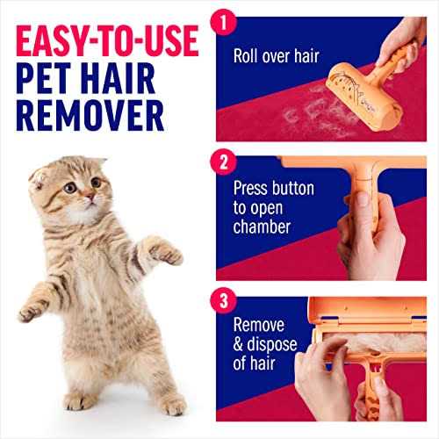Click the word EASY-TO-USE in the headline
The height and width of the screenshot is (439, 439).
[107, 40]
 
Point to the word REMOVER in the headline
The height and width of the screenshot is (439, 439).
[90, 115]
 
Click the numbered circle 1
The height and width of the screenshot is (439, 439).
[224, 23]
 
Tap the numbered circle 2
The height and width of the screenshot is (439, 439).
[224, 162]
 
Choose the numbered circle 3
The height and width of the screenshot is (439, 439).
[224, 300]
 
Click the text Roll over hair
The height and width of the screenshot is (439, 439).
[276, 55]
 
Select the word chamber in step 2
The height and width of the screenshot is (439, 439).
[262, 227]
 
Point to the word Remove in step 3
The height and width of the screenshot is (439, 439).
[259, 325]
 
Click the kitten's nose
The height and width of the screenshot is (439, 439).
[90, 196]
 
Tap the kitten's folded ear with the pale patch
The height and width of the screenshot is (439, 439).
[38, 178]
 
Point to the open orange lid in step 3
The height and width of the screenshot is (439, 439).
[368, 311]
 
